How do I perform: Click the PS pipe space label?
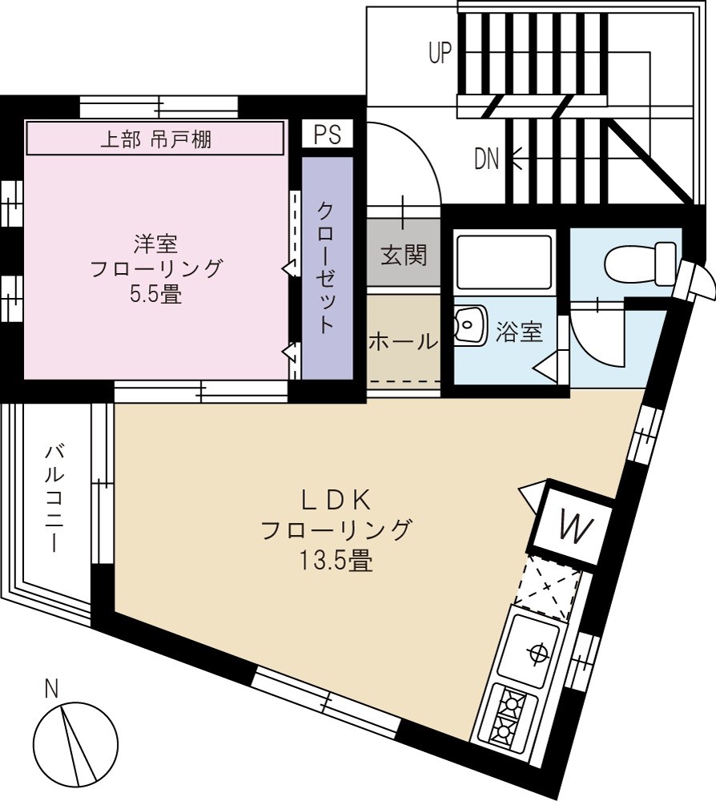327,134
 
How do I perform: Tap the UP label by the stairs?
440,53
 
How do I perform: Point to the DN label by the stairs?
486,159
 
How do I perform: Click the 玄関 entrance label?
404,256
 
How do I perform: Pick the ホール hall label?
403,341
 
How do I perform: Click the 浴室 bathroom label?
519,331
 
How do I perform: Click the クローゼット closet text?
327,268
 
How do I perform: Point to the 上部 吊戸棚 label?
155,139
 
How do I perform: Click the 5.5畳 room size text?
155,294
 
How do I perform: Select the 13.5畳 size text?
336,560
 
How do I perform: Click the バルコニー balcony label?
54,497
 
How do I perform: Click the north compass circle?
74,741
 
